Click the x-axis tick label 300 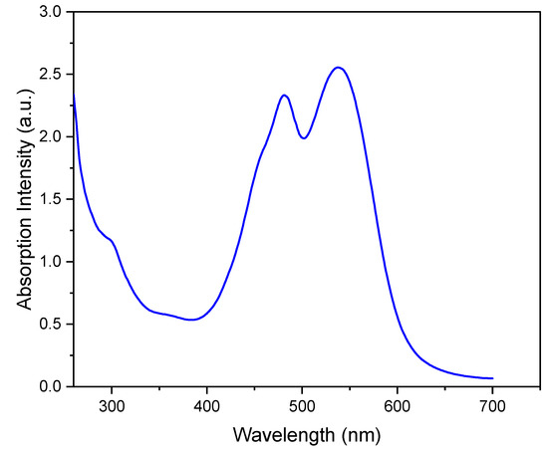pyautogui.click(x=112, y=405)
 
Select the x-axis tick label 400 pyautogui.click(x=206, y=405)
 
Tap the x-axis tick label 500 pyautogui.click(x=302, y=405)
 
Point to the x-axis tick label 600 pyautogui.click(x=398, y=405)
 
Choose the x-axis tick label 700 pyautogui.click(x=492, y=405)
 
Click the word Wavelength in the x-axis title pyautogui.click(x=279, y=435)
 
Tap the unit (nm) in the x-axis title pyautogui.click(x=354, y=435)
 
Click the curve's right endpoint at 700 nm pyautogui.click(x=492, y=378)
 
